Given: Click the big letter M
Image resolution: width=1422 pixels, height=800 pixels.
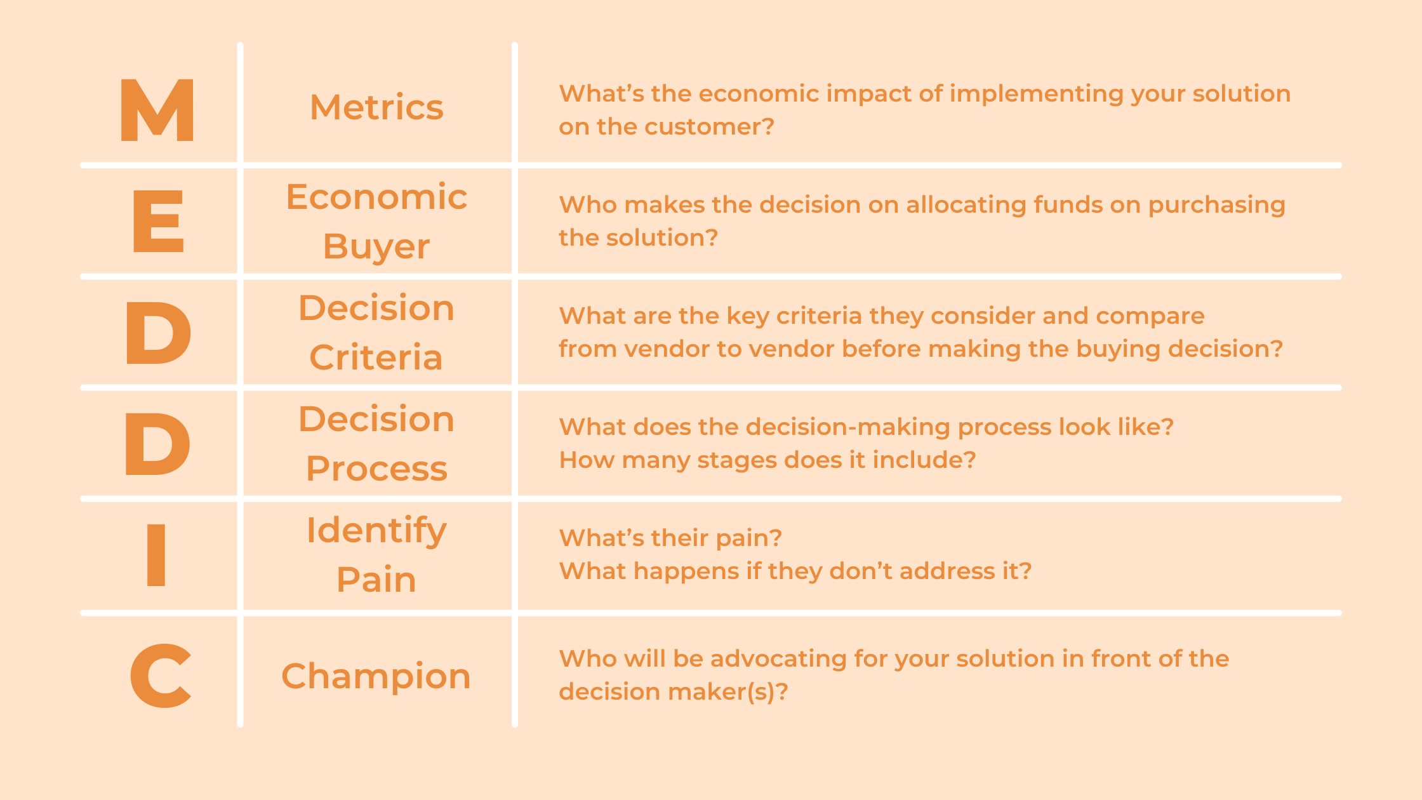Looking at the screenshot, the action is (x=157, y=110).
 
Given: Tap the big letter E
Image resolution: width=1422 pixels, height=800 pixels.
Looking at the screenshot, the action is (x=158, y=221).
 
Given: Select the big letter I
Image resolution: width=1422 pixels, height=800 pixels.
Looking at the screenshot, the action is (x=156, y=555).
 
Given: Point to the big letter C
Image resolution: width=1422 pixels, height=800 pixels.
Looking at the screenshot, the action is (x=160, y=675).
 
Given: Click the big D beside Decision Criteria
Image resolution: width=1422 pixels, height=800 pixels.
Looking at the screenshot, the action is (x=158, y=333).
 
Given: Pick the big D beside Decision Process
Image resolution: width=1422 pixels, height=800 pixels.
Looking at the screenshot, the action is (x=157, y=444).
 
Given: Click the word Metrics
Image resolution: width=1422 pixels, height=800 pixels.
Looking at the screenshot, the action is (x=376, y=107).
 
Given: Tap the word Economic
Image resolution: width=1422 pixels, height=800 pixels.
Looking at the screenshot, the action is (x=376, y=197).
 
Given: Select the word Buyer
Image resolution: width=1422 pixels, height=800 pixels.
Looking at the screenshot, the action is (x=376, y=247).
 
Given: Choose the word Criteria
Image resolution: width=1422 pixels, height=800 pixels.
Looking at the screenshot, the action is (x=376, y=357).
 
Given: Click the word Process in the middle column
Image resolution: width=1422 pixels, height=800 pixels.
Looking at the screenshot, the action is (x=376, y=469).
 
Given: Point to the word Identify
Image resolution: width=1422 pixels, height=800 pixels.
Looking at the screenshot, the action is (x=376, y=531).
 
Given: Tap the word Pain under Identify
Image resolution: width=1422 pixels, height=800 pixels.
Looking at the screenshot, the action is (x=376, y=579).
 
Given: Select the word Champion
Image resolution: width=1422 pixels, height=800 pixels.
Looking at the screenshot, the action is (x=376, y=677).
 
